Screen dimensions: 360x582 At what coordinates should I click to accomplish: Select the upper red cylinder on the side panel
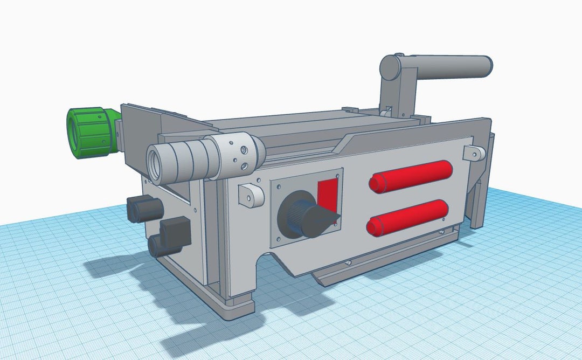tap(411, 176)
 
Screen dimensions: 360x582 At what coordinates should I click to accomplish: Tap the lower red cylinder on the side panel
tap(408, 218)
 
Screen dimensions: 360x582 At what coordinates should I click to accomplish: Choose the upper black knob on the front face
tap(144, 208)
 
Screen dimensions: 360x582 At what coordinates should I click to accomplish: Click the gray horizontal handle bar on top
tap(453, 67)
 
